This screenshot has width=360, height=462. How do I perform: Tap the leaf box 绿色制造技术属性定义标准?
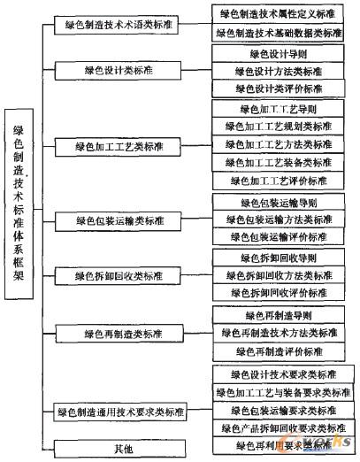point(279,14)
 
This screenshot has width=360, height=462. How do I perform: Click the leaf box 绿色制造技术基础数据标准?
point(279,33)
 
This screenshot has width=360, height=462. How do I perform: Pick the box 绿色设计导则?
point(279,53)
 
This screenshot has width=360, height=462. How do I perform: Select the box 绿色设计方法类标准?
point(279,71)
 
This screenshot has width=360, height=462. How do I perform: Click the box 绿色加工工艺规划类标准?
point(279,127)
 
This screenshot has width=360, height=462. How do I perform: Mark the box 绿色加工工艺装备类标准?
point(279,162)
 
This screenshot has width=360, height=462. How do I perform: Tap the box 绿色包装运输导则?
point(279,203)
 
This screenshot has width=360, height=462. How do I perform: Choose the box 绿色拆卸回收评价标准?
point(279,293)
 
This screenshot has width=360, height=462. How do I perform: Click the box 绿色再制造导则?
point(279,315)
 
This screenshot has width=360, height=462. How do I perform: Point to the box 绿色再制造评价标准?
point(279,350)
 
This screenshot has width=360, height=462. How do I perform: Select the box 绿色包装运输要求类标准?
point(279,411)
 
